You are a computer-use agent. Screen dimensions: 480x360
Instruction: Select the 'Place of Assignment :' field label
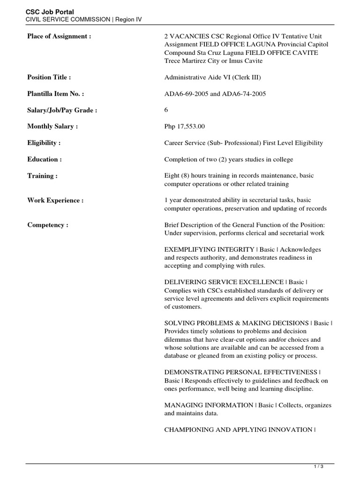tap(59, 36)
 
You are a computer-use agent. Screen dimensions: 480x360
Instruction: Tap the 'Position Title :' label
tap(49, 77)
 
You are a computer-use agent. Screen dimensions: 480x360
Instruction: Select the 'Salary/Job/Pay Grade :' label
tap(62, 110)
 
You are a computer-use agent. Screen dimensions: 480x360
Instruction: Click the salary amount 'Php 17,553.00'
tap(184, 127)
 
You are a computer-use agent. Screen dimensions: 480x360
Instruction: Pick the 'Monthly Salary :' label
tap(52, 127)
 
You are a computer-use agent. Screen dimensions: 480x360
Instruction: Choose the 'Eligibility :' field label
tap(44, 143)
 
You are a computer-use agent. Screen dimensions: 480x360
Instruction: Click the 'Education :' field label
tap(45, 159)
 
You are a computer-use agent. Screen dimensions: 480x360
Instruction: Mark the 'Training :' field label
tap(43, 176)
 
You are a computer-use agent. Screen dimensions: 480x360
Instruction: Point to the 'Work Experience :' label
tap(55, 200)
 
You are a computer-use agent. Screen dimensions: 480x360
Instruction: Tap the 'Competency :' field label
tap(48, 225)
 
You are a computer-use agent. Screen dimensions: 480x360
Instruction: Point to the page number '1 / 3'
tap(318, 467)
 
